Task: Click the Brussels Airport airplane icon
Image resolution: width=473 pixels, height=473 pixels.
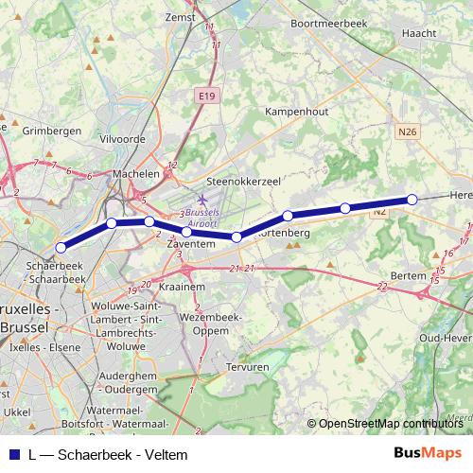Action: [201, 201]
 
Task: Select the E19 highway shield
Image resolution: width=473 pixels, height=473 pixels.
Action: [207, 96]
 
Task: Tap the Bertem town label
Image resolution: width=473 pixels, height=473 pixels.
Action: [409, 274]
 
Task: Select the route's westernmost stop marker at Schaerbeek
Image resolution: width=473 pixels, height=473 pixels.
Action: [61, 248]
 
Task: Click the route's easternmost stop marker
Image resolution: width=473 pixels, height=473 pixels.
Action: [412, 199]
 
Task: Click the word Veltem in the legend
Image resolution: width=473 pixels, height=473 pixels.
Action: [166, 455]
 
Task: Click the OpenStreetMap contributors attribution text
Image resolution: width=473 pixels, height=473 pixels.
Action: [389, 424]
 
